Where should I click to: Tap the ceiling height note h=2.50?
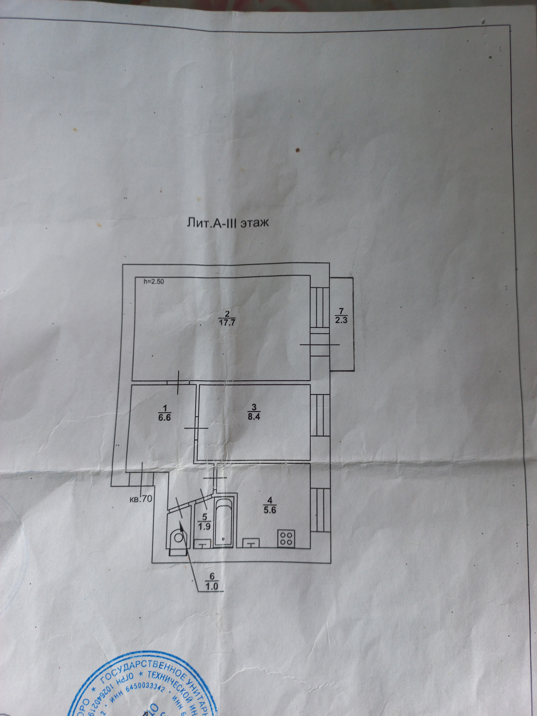coord(154,282)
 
